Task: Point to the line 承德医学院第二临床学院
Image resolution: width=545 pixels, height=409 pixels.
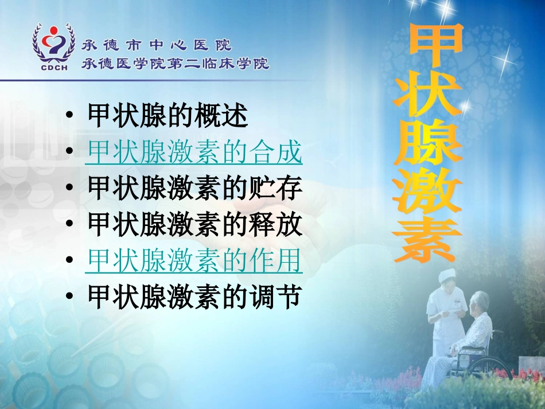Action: (176, 63)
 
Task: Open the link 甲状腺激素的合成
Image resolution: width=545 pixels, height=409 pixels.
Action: (194, 153)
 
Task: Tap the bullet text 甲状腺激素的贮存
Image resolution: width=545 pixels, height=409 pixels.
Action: (194, 189)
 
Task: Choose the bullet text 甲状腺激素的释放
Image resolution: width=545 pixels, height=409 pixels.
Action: (194, 225)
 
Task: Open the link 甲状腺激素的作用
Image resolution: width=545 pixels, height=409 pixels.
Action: (194, 262)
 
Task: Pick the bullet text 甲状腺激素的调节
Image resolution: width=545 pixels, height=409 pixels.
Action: (194, 297)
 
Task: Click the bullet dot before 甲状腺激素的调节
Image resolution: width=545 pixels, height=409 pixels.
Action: (69, 298)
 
